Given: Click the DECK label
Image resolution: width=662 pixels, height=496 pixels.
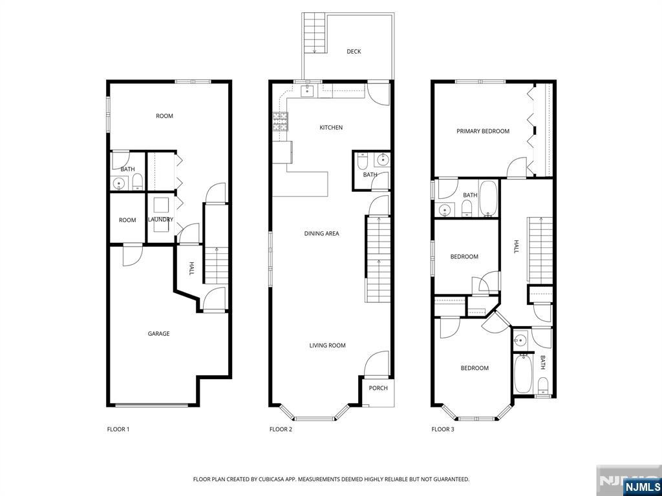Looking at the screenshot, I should [x=353, y=52].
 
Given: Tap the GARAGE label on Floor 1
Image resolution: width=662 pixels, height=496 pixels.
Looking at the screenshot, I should [x=158, y=334].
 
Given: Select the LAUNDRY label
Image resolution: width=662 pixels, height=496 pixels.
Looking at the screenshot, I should [x=160, y=220].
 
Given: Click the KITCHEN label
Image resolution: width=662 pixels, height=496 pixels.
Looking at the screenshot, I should [x=331, y=128].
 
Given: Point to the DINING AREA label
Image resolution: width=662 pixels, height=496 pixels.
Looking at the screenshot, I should [x=321, y=234].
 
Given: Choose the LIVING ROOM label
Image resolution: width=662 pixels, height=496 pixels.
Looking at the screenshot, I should [x=327, y=346].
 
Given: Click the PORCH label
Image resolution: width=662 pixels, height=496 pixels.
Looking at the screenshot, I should [x=378, y=388].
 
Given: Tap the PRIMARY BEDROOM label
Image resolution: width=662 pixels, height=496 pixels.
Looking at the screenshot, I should [x=482, y=131].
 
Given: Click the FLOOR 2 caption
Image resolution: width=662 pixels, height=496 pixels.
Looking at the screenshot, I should [x=281, y=429].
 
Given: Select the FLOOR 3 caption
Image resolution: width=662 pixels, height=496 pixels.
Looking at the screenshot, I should [x=443, y=429].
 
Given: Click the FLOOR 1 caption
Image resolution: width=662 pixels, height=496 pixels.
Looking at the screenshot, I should [x=118, y=429].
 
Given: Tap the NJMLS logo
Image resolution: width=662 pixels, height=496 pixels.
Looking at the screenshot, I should [x=642, y=486].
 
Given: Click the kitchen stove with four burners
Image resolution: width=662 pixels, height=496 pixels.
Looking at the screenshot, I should [x=281, y=121].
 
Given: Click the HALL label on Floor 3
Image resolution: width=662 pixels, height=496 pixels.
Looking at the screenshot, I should [x=517, y=247].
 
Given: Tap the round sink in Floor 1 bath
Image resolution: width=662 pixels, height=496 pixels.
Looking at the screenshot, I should [x=119, y=183].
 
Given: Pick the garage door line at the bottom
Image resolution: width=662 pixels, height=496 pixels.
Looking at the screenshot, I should [x=153, y=406].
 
